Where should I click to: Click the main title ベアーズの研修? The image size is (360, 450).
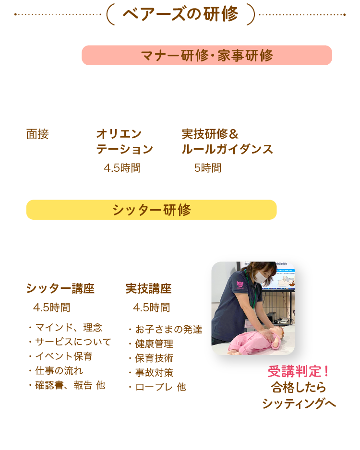click(x=180, y=14)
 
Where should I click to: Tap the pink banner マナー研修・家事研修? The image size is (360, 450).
click(x=207, y=55)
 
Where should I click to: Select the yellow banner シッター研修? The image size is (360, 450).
click(x=151, y=210)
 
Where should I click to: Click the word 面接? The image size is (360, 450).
click(x=37, y=134)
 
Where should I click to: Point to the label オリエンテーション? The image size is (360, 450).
click(x=124, y=142)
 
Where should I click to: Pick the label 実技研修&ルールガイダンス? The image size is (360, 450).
click(x=227, y=142)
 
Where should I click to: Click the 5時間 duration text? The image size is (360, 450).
click(x=207, y=168)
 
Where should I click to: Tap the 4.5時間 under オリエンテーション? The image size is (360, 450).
click(x=122, y=168)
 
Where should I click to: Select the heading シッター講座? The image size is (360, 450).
click(x=60, y=289)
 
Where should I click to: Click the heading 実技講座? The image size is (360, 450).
click(x=148, y=289)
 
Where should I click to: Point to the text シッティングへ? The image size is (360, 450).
click(x=299, y=403)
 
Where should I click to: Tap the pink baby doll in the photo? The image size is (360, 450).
click(x=254, y=341)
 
